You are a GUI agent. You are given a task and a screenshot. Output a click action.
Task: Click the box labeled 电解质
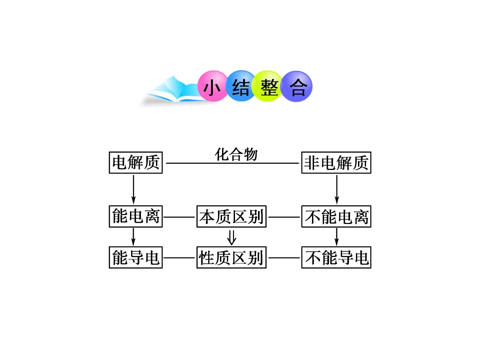[x=136, y=163]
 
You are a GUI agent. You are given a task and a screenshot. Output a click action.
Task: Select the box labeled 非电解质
[x=336, y=163]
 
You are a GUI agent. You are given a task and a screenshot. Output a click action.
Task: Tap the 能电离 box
[x=136, y=216]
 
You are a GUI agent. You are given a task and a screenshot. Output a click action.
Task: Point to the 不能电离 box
[x=336, y=216]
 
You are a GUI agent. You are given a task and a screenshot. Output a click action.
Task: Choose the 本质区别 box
[x=231, y=216]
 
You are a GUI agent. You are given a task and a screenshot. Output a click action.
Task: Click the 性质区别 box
[x=231, y=257]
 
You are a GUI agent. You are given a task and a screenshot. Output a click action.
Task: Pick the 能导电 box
[x=136, y=257]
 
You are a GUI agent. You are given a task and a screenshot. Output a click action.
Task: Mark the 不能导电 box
[x=336, y=257]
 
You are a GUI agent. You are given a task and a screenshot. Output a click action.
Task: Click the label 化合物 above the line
[x=236, y=154]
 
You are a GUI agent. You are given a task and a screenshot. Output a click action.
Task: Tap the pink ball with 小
[x=213, y=86]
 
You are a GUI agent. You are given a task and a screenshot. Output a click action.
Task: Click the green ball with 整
[x=268, y=86]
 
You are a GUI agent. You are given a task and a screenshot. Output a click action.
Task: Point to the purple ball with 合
[x=297, y=86]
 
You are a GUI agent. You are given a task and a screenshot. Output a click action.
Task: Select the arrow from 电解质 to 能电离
[x=133, y=190]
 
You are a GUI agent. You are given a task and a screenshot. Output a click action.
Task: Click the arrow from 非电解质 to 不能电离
[x=337, y=190]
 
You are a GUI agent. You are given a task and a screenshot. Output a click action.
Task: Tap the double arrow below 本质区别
[x=232, y=237]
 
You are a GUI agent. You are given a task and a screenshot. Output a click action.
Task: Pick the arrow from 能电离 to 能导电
[x=133, y=237]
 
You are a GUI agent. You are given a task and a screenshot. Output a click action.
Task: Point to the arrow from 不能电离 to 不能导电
[x=337, y=237]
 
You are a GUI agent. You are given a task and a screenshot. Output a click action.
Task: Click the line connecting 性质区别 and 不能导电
[x=284, y=258]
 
